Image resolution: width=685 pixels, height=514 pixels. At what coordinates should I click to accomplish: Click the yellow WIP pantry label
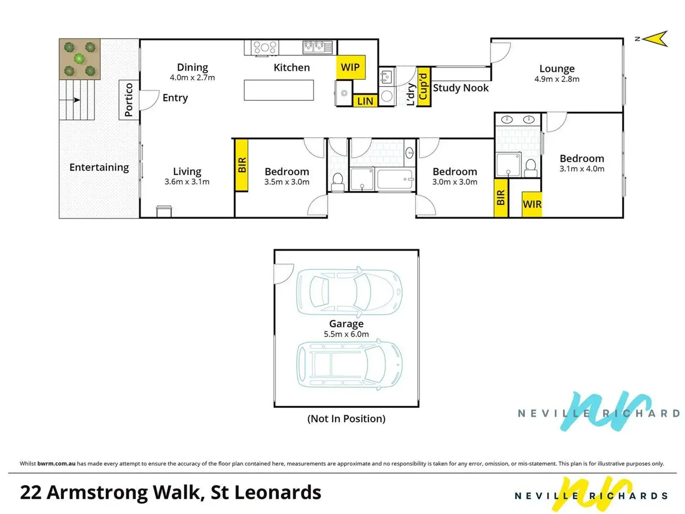click(351, 67)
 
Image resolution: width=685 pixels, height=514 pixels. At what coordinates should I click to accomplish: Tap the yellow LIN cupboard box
click(365, 101)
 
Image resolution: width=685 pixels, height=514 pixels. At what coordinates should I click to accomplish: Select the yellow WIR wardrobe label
click(532, 204)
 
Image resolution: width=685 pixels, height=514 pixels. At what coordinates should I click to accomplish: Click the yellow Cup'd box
click(423, 87)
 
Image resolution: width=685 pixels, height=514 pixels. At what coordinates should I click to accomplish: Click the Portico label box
click(129, 100)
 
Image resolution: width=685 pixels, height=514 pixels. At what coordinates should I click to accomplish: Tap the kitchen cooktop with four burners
click(265, 47)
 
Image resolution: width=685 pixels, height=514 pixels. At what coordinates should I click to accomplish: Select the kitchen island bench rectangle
click(279, 90)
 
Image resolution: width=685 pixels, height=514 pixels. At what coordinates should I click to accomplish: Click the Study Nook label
click(461, 88)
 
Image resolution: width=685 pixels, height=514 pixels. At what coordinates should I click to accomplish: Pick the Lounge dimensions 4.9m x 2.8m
click(557, 79)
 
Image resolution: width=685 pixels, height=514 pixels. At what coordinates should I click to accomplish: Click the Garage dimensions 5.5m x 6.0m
click(346, 334)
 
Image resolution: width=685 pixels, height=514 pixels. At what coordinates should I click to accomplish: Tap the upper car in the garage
click(349, 292)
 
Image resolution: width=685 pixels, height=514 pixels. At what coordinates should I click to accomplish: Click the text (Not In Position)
click(346, 418)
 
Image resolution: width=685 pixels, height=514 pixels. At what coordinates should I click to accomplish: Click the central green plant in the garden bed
click(79, 58)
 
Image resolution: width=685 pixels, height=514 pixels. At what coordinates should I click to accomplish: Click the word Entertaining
click(99, 167)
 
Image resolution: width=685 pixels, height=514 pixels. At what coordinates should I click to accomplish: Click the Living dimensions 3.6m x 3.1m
click(187, 182)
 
